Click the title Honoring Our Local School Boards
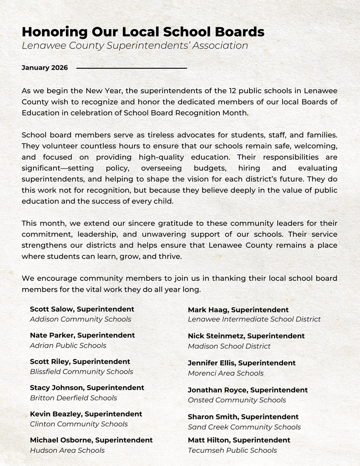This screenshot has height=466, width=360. point(143,32)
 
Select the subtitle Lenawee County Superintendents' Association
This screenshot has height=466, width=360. point(135,46)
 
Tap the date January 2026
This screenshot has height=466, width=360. point(45,68)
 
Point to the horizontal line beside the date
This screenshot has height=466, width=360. point(132,68)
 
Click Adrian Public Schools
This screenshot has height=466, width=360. point(68,345)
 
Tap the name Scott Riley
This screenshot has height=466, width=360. point(49,361)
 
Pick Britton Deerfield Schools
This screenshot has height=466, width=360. point(73,398)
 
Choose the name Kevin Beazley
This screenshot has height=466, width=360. point(55,414)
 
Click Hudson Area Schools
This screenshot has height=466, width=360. point(67,450)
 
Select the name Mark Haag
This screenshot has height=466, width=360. point(208,310)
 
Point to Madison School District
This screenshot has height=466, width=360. point(229,346)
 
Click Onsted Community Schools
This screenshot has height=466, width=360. point(237,400)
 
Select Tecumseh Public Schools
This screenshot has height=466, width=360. point(232,450)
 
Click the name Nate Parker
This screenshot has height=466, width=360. point(51,335)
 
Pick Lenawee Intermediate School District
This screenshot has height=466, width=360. point(254,319)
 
